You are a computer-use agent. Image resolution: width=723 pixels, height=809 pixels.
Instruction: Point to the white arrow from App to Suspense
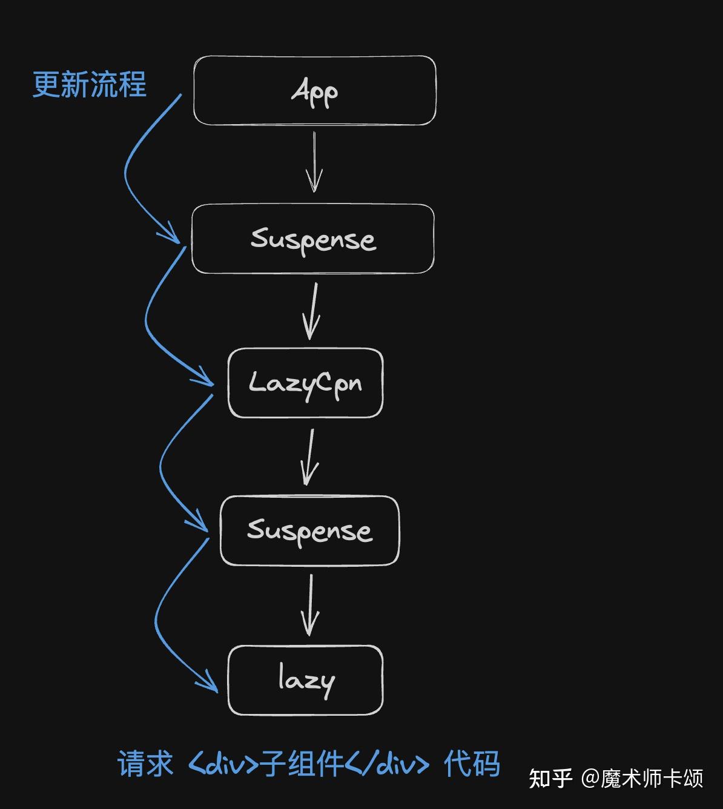(314, 162)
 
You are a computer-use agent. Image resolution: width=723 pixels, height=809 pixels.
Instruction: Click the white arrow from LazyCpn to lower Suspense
(309, 457)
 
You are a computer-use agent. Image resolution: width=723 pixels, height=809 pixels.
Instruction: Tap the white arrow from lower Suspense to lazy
(311, 605)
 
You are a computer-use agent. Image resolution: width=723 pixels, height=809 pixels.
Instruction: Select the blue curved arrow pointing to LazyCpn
(146, 320)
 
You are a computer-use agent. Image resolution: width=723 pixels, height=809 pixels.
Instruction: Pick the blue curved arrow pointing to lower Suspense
(161, 465)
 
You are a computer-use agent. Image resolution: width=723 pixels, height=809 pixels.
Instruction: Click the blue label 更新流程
(90, 84)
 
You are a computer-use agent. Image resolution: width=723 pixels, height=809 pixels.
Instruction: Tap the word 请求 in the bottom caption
(145, 764)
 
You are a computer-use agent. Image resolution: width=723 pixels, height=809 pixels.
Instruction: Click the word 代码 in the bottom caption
(472, 764)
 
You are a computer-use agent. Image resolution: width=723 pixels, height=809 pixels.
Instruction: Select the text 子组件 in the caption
(302, 764)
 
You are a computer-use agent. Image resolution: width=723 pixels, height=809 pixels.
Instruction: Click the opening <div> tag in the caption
(223, 764)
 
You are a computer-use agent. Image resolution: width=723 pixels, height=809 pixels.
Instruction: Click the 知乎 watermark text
(550, 778)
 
